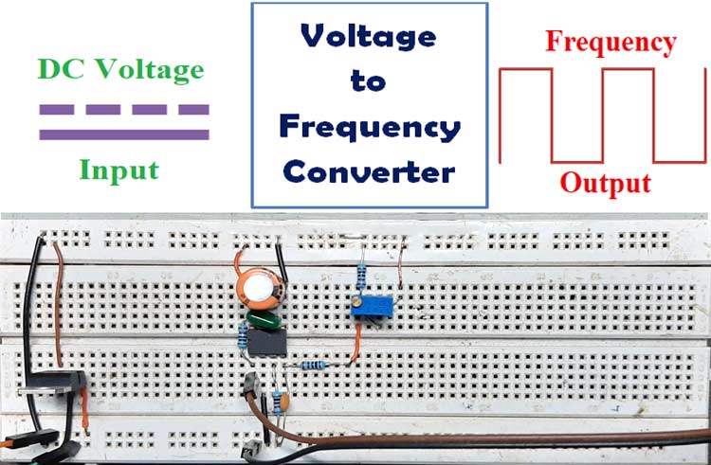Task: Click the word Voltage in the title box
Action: (x=369, y=36)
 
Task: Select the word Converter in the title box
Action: (x=369, y=172)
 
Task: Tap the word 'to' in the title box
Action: (x=368, y=81)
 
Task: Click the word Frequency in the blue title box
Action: (x=369, y=127)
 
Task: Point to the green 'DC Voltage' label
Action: (x=120, y=69)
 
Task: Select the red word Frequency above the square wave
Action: (x=611, y=43)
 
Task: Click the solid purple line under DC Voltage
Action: (x=123, y=134)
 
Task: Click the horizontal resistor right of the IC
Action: (x=312, y=365)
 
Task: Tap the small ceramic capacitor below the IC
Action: (x=283, y=403)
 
